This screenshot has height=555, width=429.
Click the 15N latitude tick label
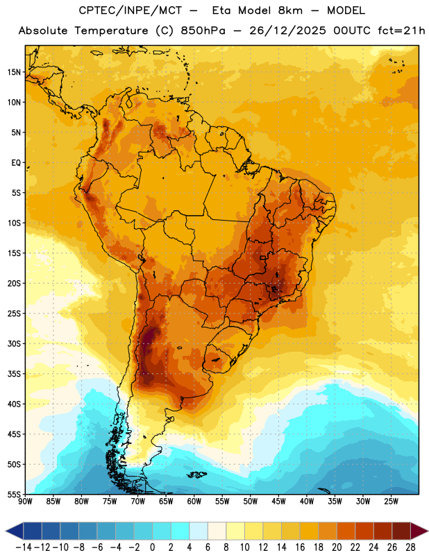point(14,72)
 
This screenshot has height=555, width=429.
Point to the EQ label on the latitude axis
point(16,163)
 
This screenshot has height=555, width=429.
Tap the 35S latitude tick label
point(14,374)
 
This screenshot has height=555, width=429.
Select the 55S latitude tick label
point(14,494)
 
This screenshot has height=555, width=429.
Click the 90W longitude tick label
point(26,502)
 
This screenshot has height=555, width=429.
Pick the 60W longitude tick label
point(194,502)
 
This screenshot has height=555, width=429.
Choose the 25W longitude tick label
point(391,502)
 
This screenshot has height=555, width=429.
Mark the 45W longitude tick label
point(278,502)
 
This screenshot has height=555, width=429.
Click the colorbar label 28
point(410,547)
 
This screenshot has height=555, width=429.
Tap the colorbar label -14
point(24,547)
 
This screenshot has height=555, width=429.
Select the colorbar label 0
point(152,547)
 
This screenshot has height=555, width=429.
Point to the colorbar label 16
point(300,547)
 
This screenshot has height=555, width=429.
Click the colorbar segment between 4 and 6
point(199,531)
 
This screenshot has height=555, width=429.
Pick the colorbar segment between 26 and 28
point(401,531)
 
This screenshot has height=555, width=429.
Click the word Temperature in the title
point(111,31)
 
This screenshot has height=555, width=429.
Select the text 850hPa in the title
point(203,31)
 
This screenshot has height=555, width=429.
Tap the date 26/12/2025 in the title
point(287,31)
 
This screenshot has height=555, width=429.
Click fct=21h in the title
point(401,31)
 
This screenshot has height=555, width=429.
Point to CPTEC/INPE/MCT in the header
point(131,10)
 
